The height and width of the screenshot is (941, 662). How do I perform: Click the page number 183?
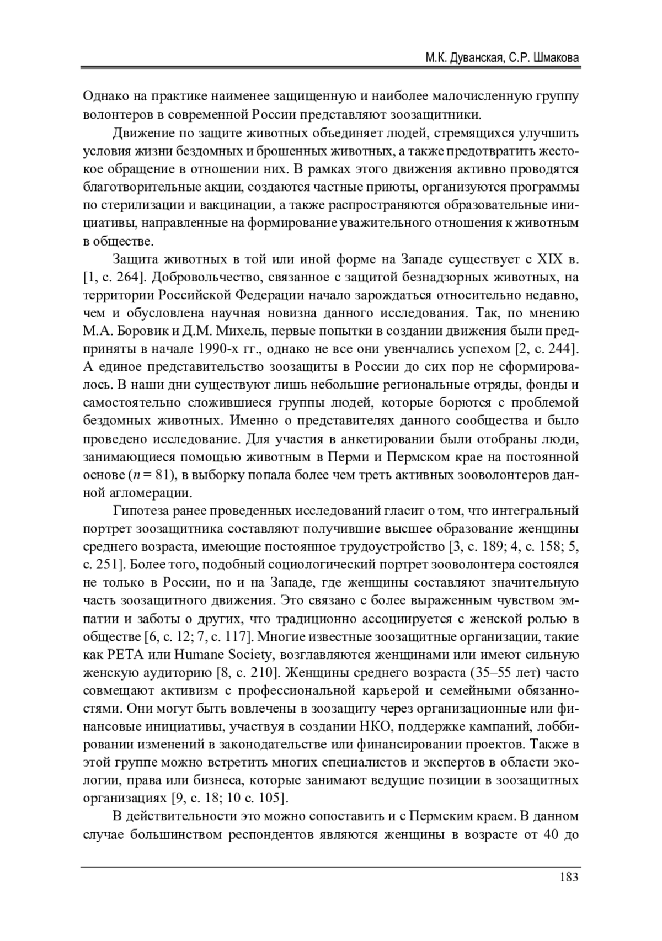(x=568, y=876)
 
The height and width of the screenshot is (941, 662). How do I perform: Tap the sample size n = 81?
(x=150, y=475)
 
